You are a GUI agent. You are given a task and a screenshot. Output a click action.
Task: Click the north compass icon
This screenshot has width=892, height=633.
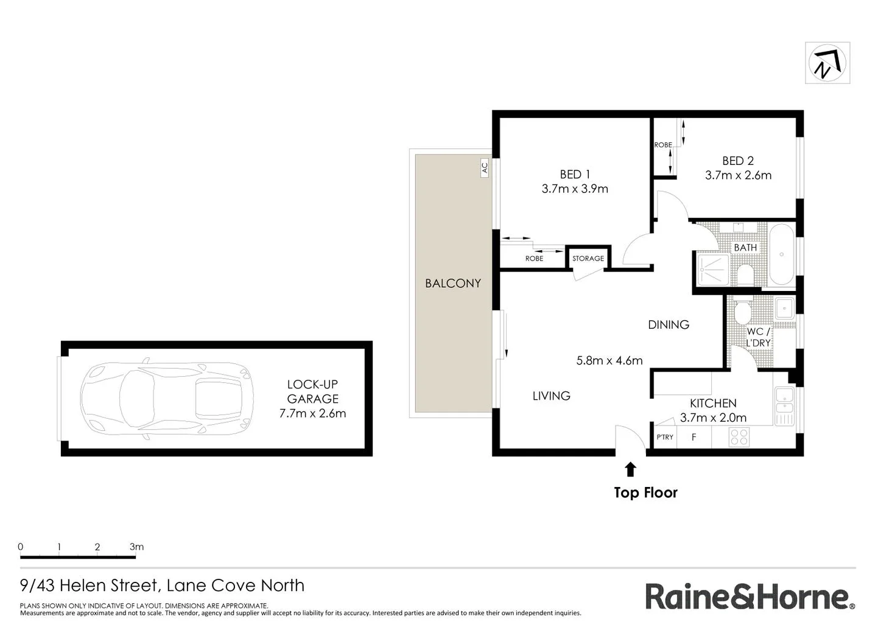click(827, 63)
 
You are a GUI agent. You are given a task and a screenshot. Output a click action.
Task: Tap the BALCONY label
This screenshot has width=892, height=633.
click(452, 283)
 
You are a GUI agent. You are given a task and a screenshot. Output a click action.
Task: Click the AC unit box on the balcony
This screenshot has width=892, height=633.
click(485, 168)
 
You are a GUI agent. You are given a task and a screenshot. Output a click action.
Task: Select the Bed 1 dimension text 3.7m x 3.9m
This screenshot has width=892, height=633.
click(574, 189)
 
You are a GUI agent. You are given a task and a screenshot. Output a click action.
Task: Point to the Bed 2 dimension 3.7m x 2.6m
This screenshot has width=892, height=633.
click(738, 175)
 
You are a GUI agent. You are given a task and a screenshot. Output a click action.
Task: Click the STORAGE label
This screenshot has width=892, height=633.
click(588, 259)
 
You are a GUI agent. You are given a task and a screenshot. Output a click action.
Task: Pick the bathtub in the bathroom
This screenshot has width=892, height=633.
click(781, 254)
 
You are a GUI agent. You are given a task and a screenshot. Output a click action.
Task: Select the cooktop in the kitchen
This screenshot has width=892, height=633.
click(739, 437)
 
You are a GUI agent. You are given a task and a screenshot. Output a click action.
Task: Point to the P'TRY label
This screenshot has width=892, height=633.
click(665, 437)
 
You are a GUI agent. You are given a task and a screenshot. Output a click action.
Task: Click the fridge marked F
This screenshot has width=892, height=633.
click(694, 437)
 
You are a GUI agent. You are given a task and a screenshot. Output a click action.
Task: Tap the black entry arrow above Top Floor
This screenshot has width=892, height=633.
click(630, 469)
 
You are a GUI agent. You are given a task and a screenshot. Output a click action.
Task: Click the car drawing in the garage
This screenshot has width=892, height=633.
click(167, 399)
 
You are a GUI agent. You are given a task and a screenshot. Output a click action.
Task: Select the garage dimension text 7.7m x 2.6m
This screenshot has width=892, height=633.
click(312, 413)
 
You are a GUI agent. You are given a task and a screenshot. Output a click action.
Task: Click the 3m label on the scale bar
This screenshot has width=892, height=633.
click(136, 547)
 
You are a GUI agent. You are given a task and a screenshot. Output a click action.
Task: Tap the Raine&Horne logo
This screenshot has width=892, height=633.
click(750, 596)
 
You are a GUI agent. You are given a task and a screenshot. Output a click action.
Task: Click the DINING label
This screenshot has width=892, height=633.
click(668, 324)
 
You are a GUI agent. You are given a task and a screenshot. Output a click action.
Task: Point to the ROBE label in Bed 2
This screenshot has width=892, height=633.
click(662, 145)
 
